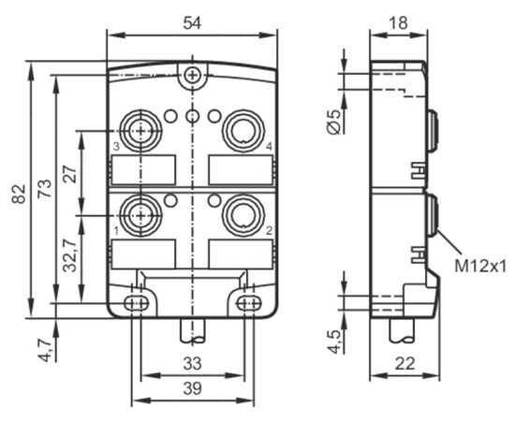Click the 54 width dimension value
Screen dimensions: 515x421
[192, 23]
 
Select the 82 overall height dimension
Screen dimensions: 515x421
[19, 194]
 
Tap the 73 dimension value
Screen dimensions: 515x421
[45, 188]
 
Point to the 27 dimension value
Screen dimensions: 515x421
[70, 174]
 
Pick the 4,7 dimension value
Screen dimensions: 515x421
[45, 350]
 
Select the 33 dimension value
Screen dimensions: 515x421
[192, 364]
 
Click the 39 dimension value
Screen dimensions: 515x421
[192, 389]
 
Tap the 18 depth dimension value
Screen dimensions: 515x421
[398, 23]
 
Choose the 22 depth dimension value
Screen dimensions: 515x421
[405, 364]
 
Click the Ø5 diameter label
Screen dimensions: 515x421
[334, 122]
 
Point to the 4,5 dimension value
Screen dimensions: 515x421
[334, 341]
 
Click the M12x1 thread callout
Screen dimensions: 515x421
[480, 266]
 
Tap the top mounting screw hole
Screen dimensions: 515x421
[191, 76]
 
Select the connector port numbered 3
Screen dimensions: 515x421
[140, 131]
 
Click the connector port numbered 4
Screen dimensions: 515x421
[243, 131]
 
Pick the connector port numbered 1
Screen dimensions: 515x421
[140, 215]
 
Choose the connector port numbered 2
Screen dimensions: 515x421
[243, 215]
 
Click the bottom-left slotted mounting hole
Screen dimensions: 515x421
[137, 303]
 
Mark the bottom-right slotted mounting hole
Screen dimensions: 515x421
[249, 303]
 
